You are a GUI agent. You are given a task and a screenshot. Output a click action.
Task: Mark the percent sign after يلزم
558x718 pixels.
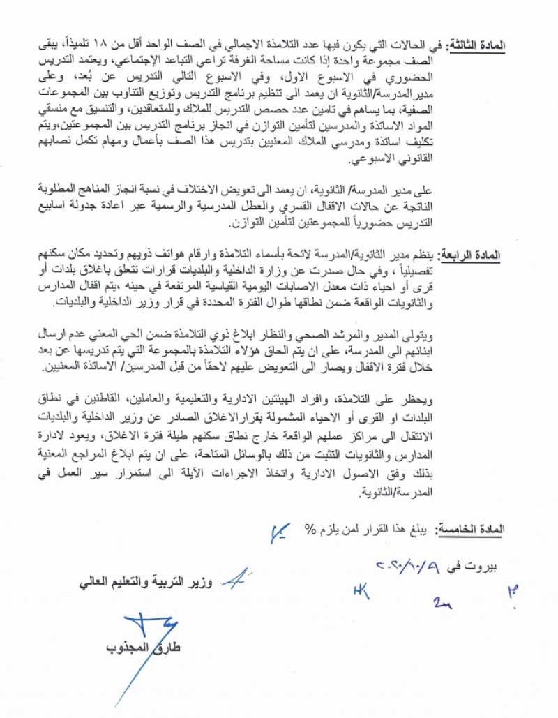[x=310, y=530]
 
